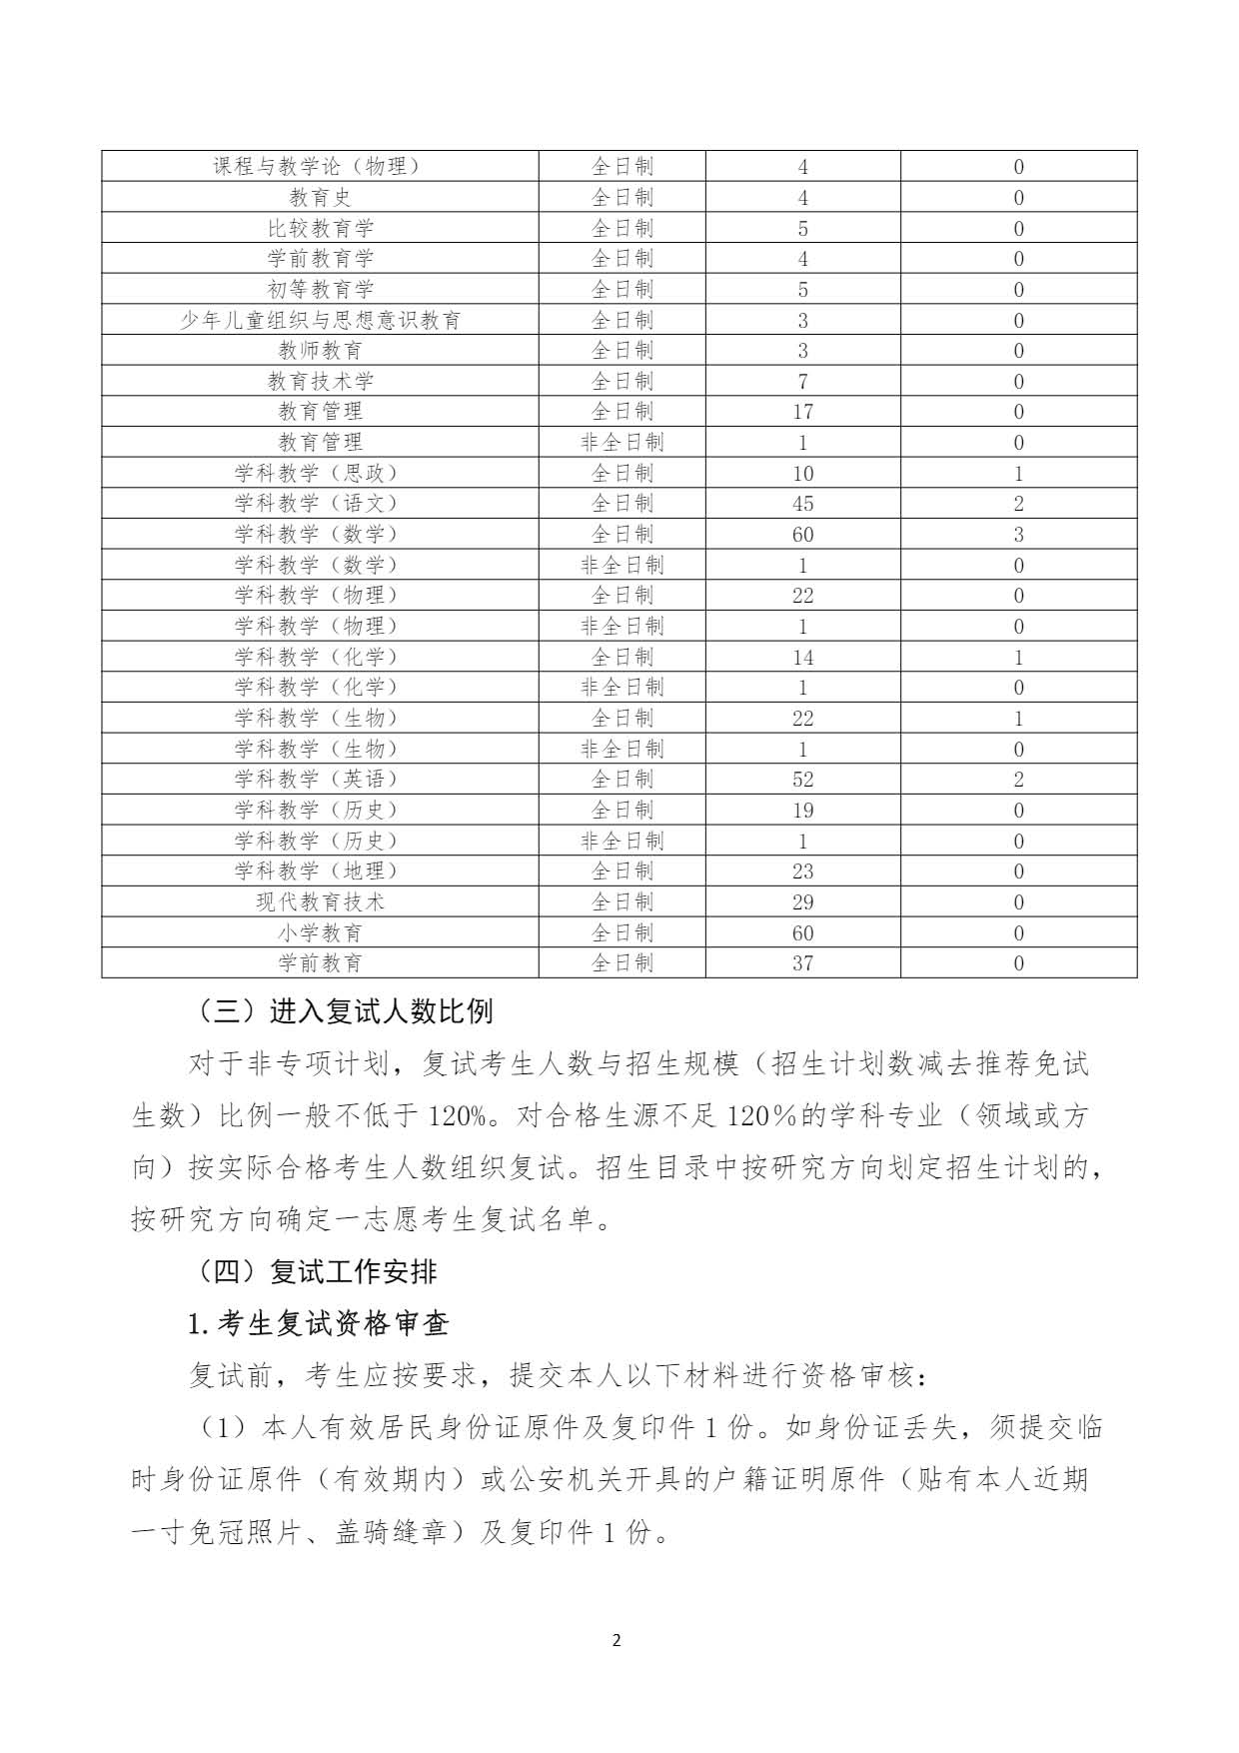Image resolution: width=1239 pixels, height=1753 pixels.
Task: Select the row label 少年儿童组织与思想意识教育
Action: (x=320, y=320)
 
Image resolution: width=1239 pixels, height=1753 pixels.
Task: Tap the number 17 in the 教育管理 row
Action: (x=802, y=412)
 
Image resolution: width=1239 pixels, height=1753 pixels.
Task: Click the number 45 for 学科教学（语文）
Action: (x=802, y=504)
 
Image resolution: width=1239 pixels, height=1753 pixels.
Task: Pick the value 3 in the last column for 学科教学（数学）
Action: (x=1018, y=534)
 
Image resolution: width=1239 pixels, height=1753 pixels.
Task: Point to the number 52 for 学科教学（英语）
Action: (x=802, y=780)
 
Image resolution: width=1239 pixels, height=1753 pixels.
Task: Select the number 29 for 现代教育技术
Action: (x=802, y=901)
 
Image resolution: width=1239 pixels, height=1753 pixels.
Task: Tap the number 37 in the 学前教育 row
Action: (x=802, y=963)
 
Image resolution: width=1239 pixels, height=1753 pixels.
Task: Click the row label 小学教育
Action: (x=320, y=932)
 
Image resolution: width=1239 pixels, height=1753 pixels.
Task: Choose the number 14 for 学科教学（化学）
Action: (x=802, y=657)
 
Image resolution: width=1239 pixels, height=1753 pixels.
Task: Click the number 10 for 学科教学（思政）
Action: (x=802, y=473)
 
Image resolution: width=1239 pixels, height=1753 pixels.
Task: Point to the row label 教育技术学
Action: (x=320, y=381)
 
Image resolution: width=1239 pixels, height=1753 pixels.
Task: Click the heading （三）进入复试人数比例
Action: (x=341, y=1011)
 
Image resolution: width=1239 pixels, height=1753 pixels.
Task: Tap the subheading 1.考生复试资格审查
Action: (x=319, y=1324)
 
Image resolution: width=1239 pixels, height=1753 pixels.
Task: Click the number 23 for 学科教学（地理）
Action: (x=802, y=871)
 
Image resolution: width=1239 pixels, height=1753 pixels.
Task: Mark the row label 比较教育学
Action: (x=320, y=228)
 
